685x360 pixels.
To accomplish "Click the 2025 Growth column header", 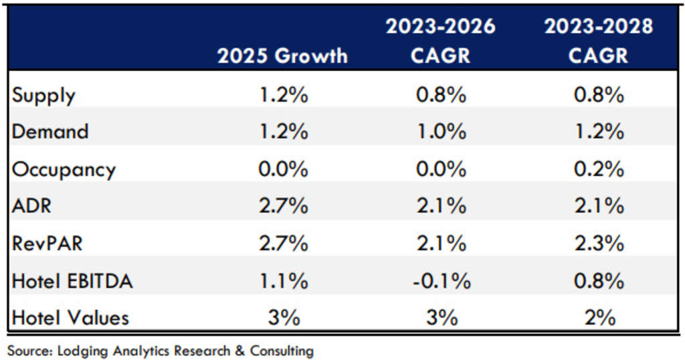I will (282, 56).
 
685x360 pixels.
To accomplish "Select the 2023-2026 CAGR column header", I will (441, 41).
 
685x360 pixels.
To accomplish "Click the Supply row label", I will (43, 96).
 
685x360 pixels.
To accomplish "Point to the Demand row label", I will (50, 132).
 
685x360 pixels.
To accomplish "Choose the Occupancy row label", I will (64, 169).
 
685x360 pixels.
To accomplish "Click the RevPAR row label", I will (47, 244).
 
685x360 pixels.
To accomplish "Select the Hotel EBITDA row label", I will (72, 281).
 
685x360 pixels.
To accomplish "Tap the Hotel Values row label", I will (69, 318).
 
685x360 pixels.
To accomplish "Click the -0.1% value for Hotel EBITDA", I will (441, 281).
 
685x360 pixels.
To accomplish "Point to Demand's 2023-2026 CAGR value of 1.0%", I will (441, 132).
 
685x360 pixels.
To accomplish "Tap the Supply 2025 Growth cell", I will (283, 96).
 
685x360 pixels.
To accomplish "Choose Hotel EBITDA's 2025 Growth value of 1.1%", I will (283, 281).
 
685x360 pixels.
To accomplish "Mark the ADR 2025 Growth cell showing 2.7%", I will (283, 206).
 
